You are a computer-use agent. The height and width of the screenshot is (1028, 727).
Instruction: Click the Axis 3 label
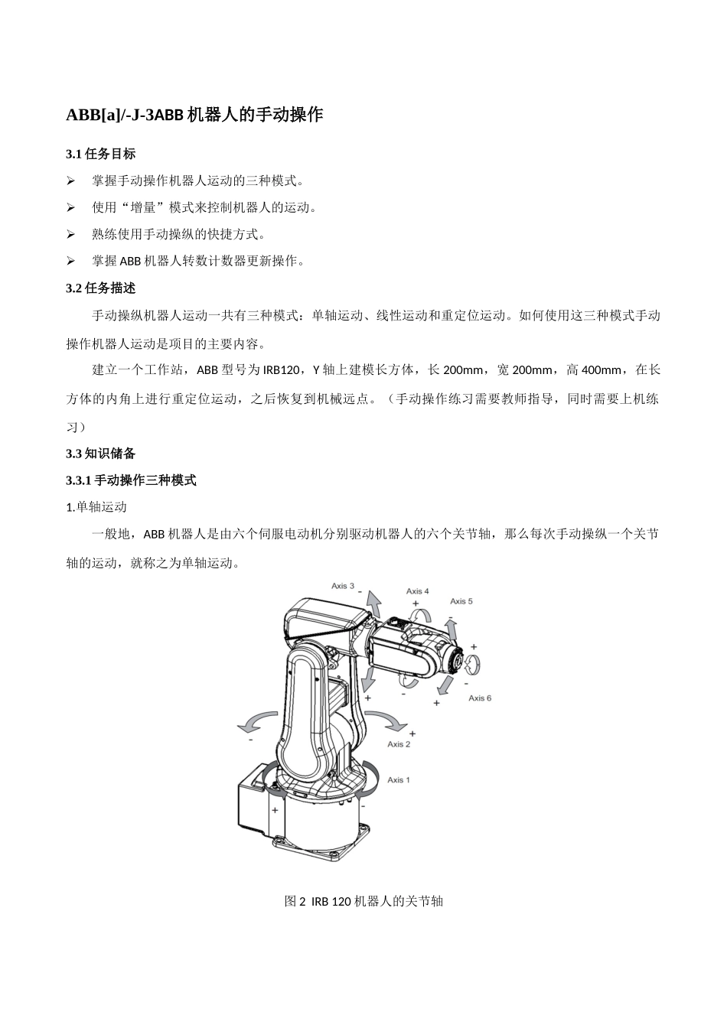(x=342, y=586)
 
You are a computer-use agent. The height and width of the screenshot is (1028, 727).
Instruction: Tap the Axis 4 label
(x=417, y=591)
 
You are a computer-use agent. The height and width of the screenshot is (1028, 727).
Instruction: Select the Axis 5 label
(x=461, y=601)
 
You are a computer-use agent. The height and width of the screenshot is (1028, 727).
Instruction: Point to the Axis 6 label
(x=480, y=698)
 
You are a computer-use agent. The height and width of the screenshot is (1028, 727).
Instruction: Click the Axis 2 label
(x=399, y=743)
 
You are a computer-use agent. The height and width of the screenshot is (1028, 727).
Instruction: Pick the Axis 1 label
(x=399, y=779)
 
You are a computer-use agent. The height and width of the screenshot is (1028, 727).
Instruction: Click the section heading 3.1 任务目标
(x=101, y=154)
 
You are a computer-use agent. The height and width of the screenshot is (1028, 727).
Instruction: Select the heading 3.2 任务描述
(x=101, y=288)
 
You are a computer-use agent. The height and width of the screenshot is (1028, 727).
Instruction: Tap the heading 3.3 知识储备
(x=101, y=454)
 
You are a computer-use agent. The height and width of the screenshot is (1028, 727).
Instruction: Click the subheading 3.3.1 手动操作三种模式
(x=132, y=480)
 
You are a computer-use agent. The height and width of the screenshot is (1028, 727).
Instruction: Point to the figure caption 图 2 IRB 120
(x=363, y=901)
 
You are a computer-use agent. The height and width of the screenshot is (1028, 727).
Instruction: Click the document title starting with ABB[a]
(x=194, y=115)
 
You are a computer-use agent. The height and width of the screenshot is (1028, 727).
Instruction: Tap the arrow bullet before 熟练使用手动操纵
(x=70, y=235)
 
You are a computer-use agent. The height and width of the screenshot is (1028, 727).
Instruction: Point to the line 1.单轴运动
(x=96, y=507)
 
